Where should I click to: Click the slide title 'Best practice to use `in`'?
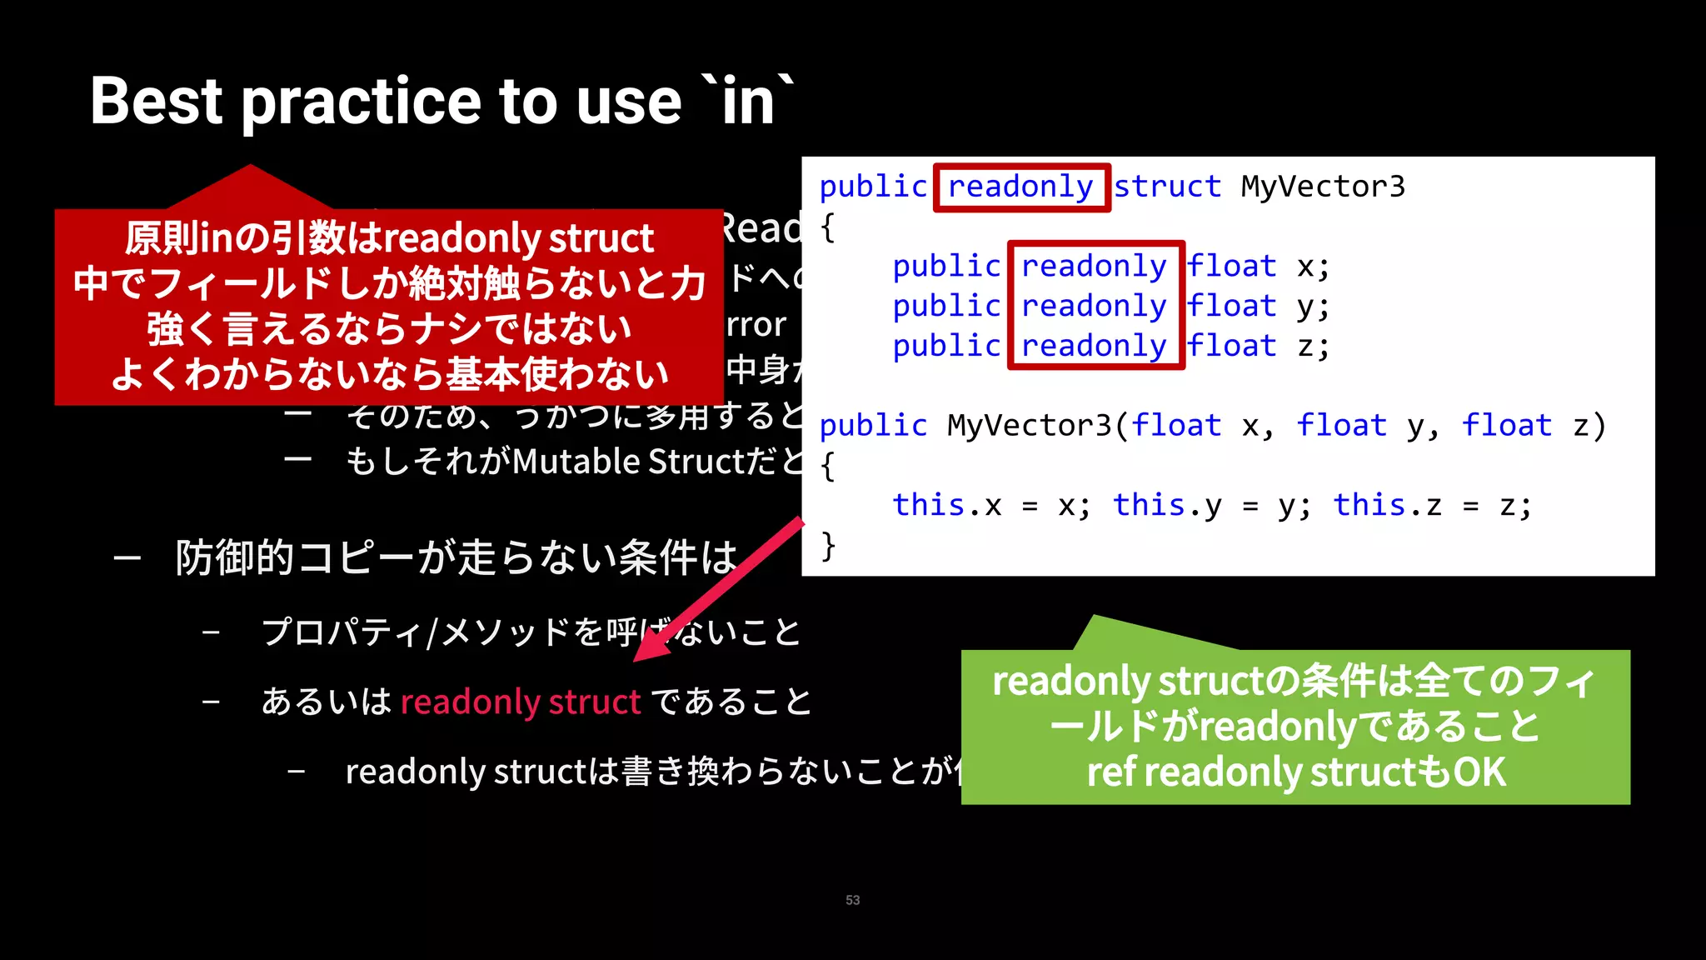click(441, 102)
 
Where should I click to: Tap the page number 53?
click(852, 900)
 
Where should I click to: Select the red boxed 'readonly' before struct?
click(1020, 187)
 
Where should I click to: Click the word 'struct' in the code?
click(1167, 187)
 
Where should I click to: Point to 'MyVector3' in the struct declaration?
click(1322, 187)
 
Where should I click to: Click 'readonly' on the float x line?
click(1094, 267)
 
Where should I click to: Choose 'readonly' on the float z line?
click(1094, 346)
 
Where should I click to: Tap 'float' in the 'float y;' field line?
click(1231, 307)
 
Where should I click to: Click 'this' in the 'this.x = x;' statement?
click(928, 505)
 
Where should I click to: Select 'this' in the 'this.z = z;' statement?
click(1369, 505)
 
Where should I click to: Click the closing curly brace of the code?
click(828, 546)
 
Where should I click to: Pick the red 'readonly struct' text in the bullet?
click(520, 702)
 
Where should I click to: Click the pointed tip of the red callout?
click(250, 168)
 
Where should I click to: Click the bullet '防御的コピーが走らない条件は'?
click(456, 557)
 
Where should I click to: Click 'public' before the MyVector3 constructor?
click(872, 426)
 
